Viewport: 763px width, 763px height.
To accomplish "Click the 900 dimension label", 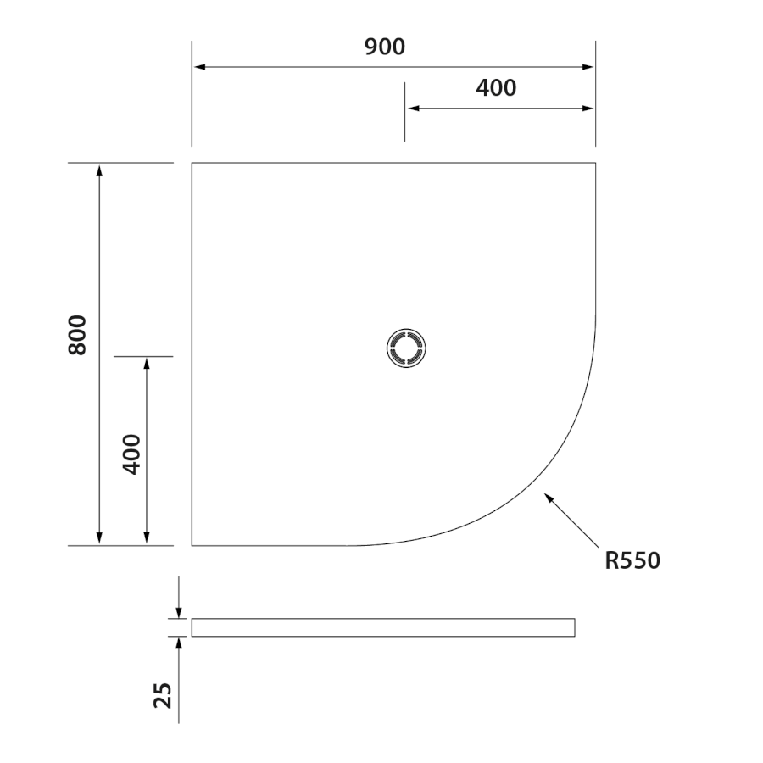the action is [x=384, y=47].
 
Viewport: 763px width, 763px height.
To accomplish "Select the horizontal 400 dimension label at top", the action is [x=496, y=88].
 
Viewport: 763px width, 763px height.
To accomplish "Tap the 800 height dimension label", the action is [x=77, y=335].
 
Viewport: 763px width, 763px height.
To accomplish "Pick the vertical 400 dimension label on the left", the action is [x=131, y=454].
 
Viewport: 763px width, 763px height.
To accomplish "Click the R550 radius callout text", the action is [x=632, y=560].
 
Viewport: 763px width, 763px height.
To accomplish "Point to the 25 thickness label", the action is [x=163, y=695].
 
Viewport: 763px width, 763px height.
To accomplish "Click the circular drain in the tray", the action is [x=406, y=348].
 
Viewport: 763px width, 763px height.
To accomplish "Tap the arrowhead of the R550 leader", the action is [x=549, y=498].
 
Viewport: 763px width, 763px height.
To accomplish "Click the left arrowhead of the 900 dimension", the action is [x=199, y=67].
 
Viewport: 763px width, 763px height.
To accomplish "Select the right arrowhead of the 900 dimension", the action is [x=588, y=67].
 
